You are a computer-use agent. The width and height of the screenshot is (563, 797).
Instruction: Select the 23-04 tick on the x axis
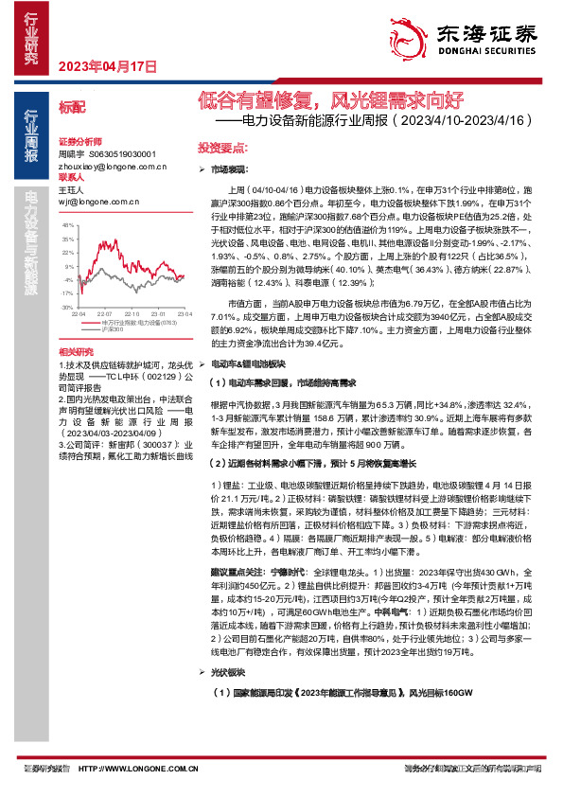[x=178, y=313]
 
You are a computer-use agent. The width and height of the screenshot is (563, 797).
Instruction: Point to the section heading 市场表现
[x=227, y=168]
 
